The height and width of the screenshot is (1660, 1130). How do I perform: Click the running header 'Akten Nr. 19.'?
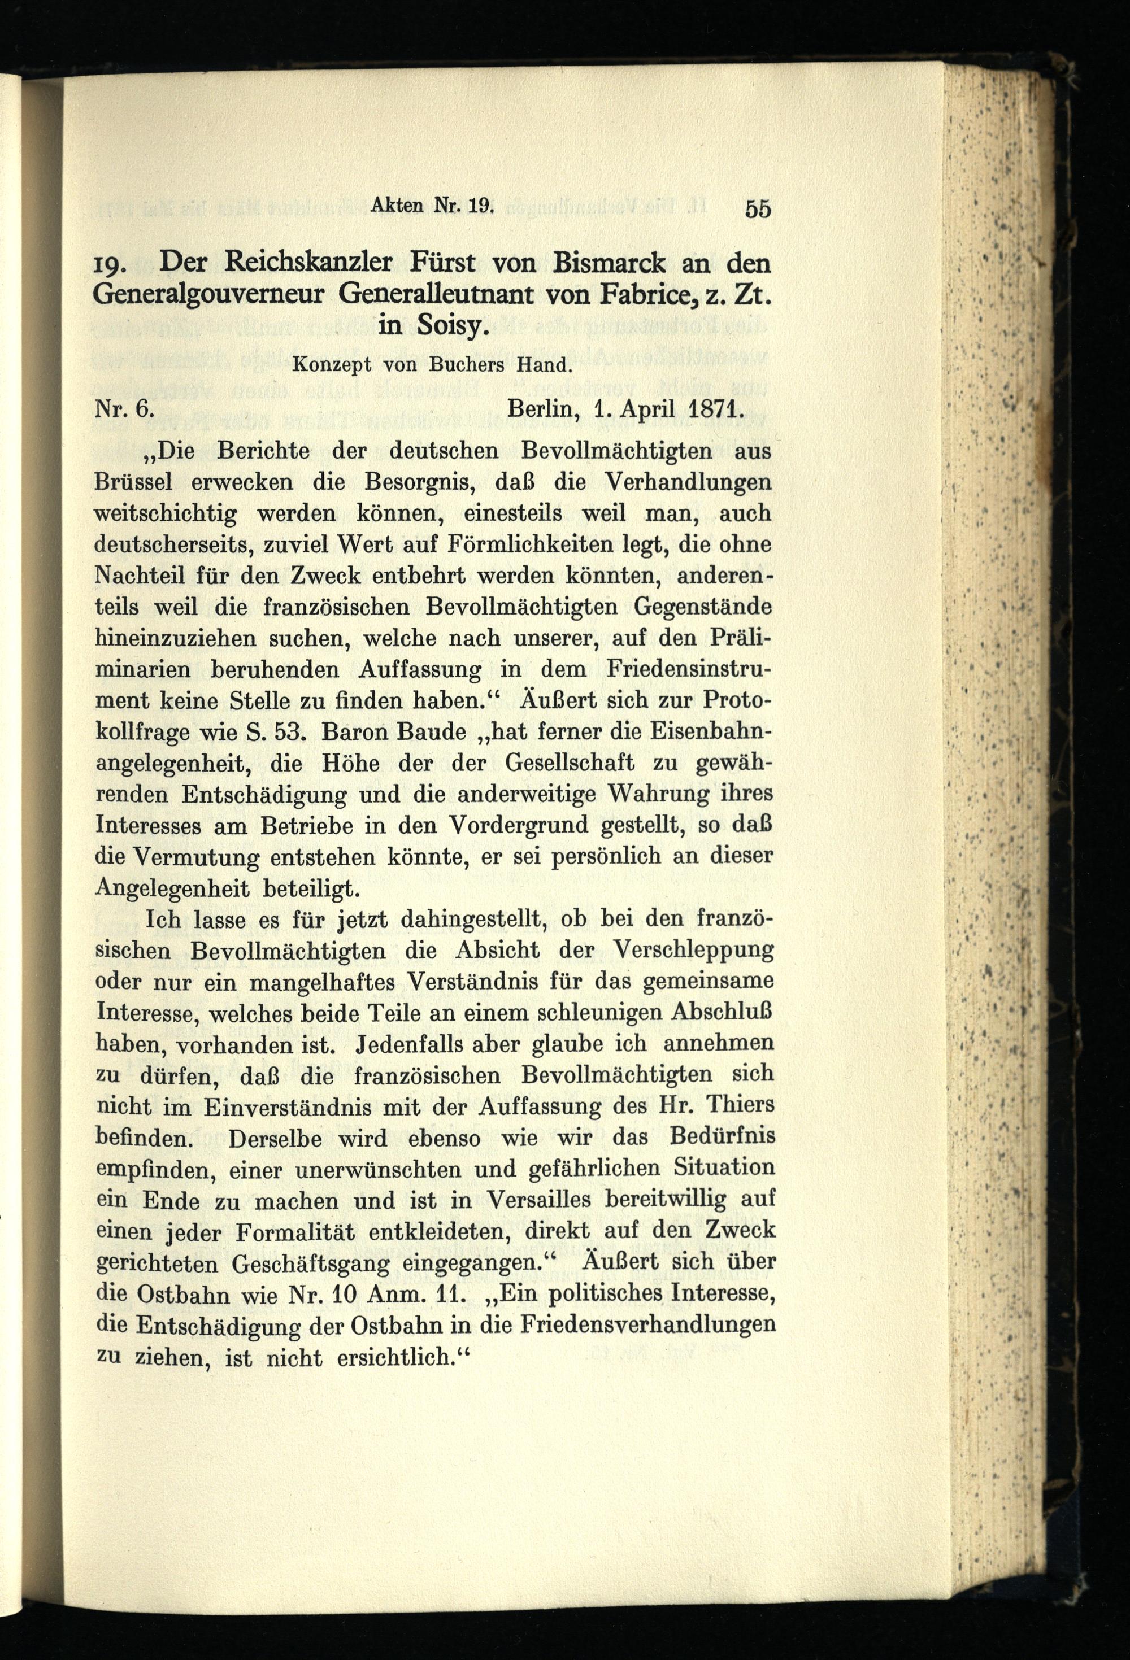point(432,204)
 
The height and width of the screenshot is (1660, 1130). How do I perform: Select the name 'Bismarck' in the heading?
point(621,263)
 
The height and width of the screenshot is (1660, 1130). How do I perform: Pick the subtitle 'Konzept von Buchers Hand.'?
point(432,365)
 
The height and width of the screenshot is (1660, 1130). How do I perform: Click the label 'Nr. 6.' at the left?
point(124,408)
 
